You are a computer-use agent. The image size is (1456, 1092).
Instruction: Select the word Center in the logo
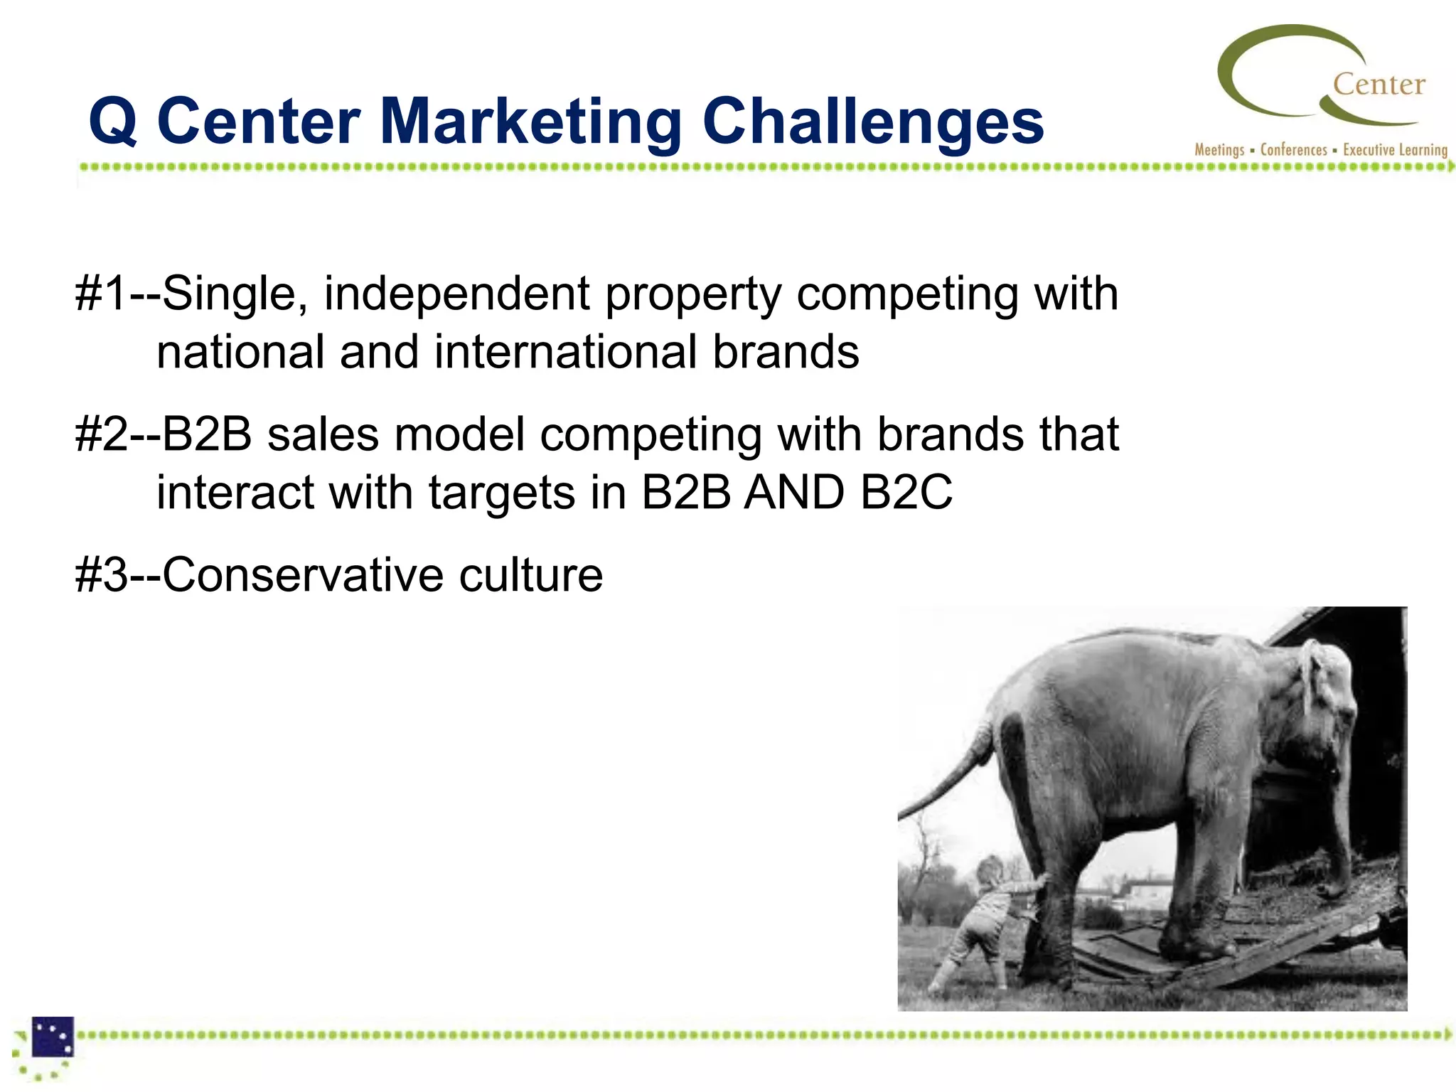pyautogui.click(x=1379, y=85)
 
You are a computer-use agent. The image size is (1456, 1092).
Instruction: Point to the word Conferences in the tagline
pyautogui.click(x=1293, y=150)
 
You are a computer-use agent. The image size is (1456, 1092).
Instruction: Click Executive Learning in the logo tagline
pyautogui.click(x=1395, y=150)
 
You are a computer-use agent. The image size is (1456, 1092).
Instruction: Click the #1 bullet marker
pyautogui.click(x=102, y=294)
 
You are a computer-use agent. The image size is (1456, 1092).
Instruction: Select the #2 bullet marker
pyautogui.click(x=102, y=434)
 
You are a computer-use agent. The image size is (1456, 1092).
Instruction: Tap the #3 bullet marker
pyautogui.click(x=102, y=575)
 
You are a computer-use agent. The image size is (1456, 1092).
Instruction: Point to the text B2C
pyautogui.click(x=906, y=493)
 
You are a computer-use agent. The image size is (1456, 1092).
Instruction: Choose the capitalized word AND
pyautogui.click(x=794, y=493)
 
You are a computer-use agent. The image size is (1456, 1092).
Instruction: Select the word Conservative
pyautogui.click(x=301, y=575)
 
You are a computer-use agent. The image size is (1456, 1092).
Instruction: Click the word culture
pyautogui.click(x=530, y=575)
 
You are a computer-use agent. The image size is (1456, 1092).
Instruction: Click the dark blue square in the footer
pyautogui.click(x=53, y=1037)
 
